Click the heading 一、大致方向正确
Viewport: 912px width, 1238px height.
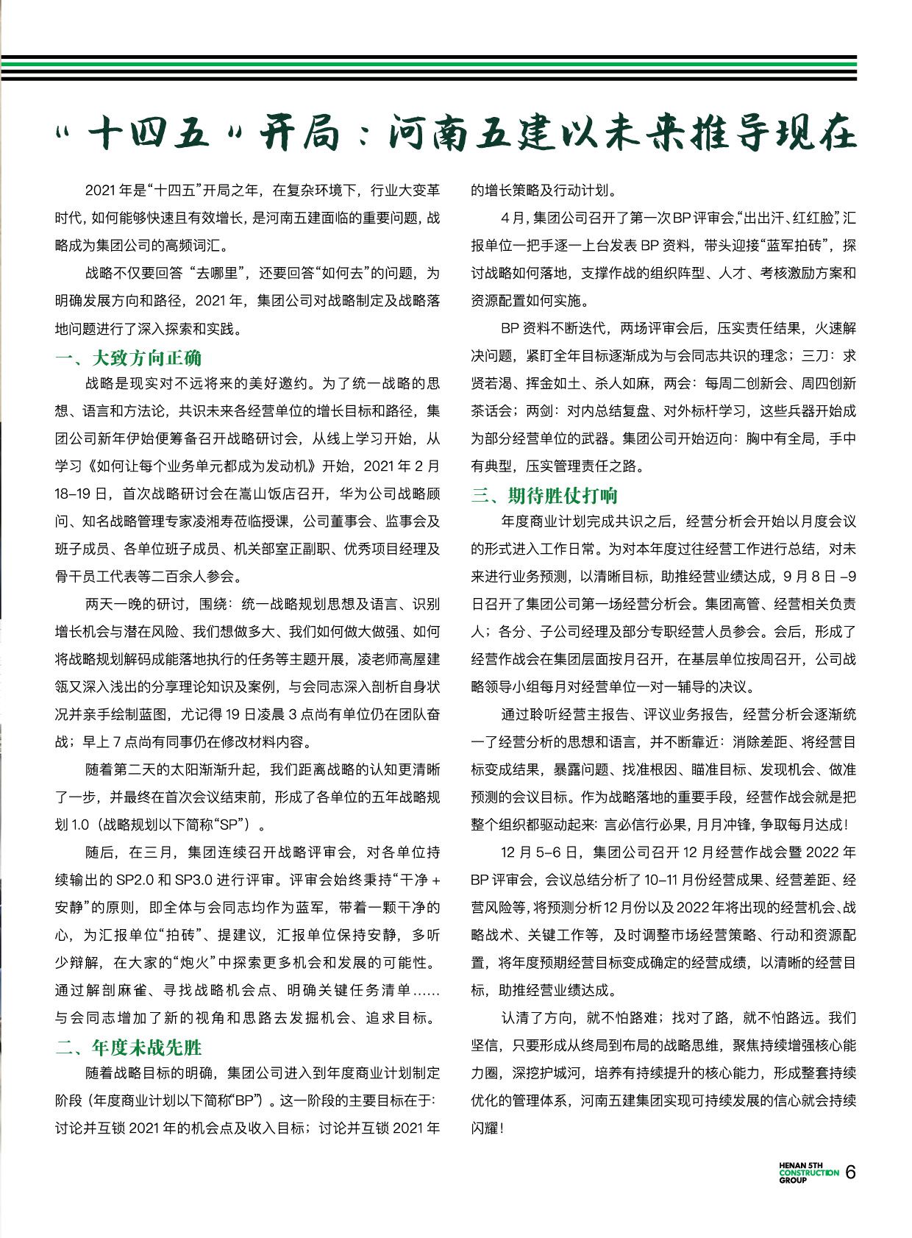point(129,358)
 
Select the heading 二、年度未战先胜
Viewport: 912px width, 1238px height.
point(129,1047)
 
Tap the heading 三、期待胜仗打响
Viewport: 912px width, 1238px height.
point(544,495)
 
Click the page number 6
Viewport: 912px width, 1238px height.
point(851,1173)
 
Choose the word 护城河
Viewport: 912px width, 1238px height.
point(546,1073)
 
